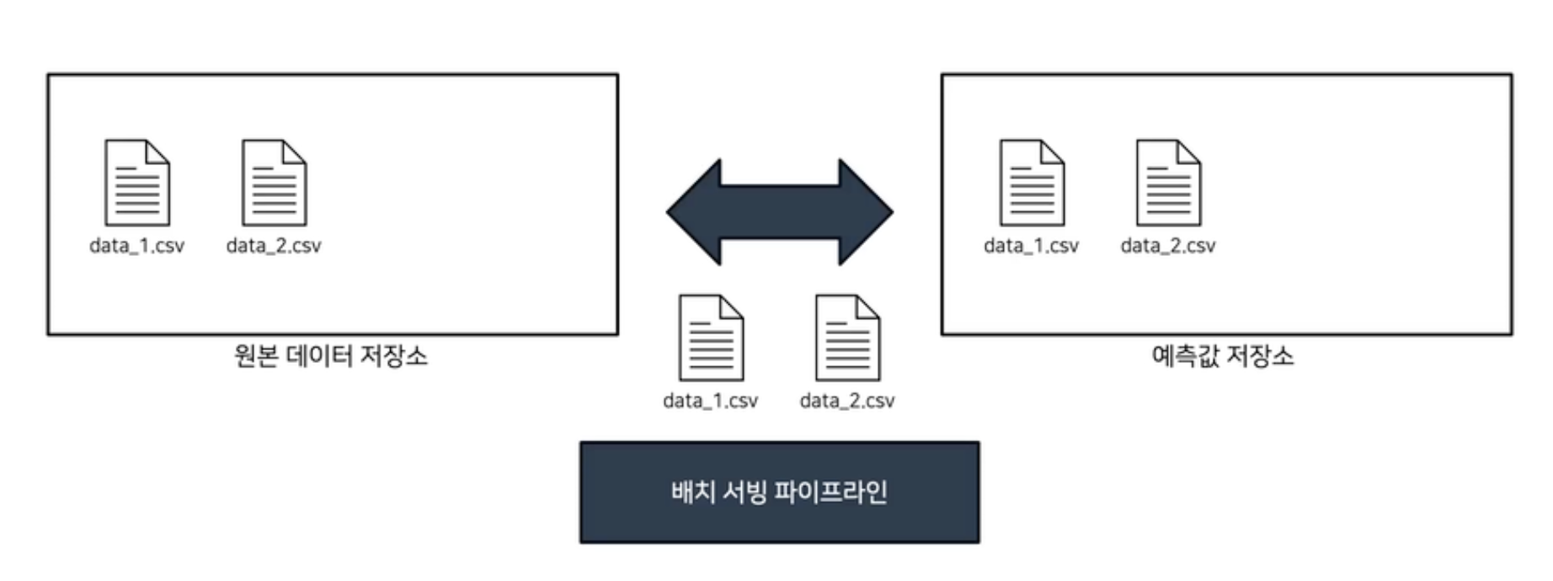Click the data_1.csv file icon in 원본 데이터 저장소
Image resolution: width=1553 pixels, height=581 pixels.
point(136,183)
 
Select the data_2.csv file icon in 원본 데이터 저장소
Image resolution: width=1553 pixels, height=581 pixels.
point(274,183)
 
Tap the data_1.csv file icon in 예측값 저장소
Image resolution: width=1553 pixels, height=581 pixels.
point(1032,183)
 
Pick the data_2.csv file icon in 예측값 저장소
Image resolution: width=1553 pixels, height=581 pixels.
point(1168,183)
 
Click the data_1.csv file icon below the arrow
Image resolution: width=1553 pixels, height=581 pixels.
point(711,338)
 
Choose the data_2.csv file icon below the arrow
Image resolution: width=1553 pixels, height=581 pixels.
point(847,338)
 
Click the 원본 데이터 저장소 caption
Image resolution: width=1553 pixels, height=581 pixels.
point(331,356)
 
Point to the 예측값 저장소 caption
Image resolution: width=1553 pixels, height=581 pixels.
point(1223,356)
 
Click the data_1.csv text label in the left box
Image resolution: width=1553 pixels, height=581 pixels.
point(136,246)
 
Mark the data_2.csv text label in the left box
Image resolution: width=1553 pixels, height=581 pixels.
point(274,246)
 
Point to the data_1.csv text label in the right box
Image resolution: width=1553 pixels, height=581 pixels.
point(1032,246)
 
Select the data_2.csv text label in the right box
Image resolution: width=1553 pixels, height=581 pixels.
point(1168,246)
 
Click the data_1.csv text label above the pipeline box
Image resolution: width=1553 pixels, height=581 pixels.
point(711,401)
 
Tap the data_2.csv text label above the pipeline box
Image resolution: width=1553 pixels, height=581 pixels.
point(847,401)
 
